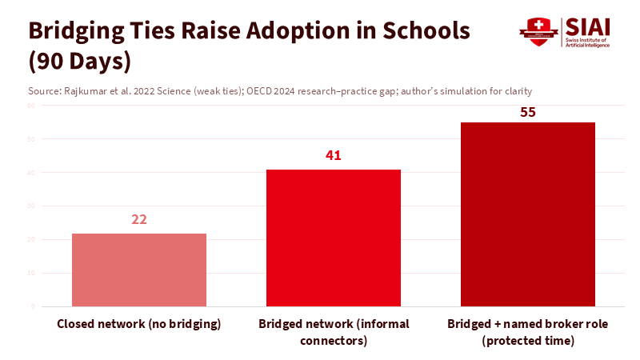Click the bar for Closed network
139,270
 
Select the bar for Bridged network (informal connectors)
334,238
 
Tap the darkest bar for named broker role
528,214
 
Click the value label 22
139,219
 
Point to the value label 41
334,155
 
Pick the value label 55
528,112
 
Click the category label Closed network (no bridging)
139,324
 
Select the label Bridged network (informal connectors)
334,332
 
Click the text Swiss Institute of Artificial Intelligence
587,42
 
